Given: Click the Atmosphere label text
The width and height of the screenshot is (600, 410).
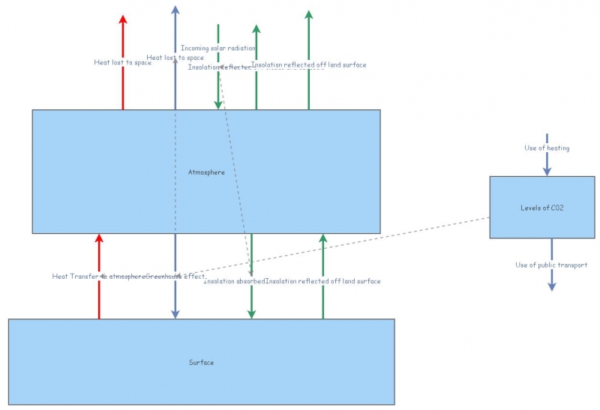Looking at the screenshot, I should click(x=206, y=172).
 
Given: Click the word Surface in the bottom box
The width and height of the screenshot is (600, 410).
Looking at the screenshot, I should click(x=201, y=363).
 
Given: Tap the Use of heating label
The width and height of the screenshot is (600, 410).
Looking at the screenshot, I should click(x=547, y=148).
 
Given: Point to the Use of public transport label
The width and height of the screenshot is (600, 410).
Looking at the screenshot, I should click(x=551, y=265).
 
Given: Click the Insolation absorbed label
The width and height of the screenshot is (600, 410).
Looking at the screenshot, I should click(x=234, y=281).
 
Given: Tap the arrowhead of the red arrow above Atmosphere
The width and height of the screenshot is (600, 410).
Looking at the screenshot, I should click(x=123, y=19).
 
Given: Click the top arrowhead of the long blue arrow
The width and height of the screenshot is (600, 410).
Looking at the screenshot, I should click(x=175, y=10).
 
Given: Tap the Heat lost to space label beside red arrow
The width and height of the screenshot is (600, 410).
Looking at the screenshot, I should click(x=122, y=62).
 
